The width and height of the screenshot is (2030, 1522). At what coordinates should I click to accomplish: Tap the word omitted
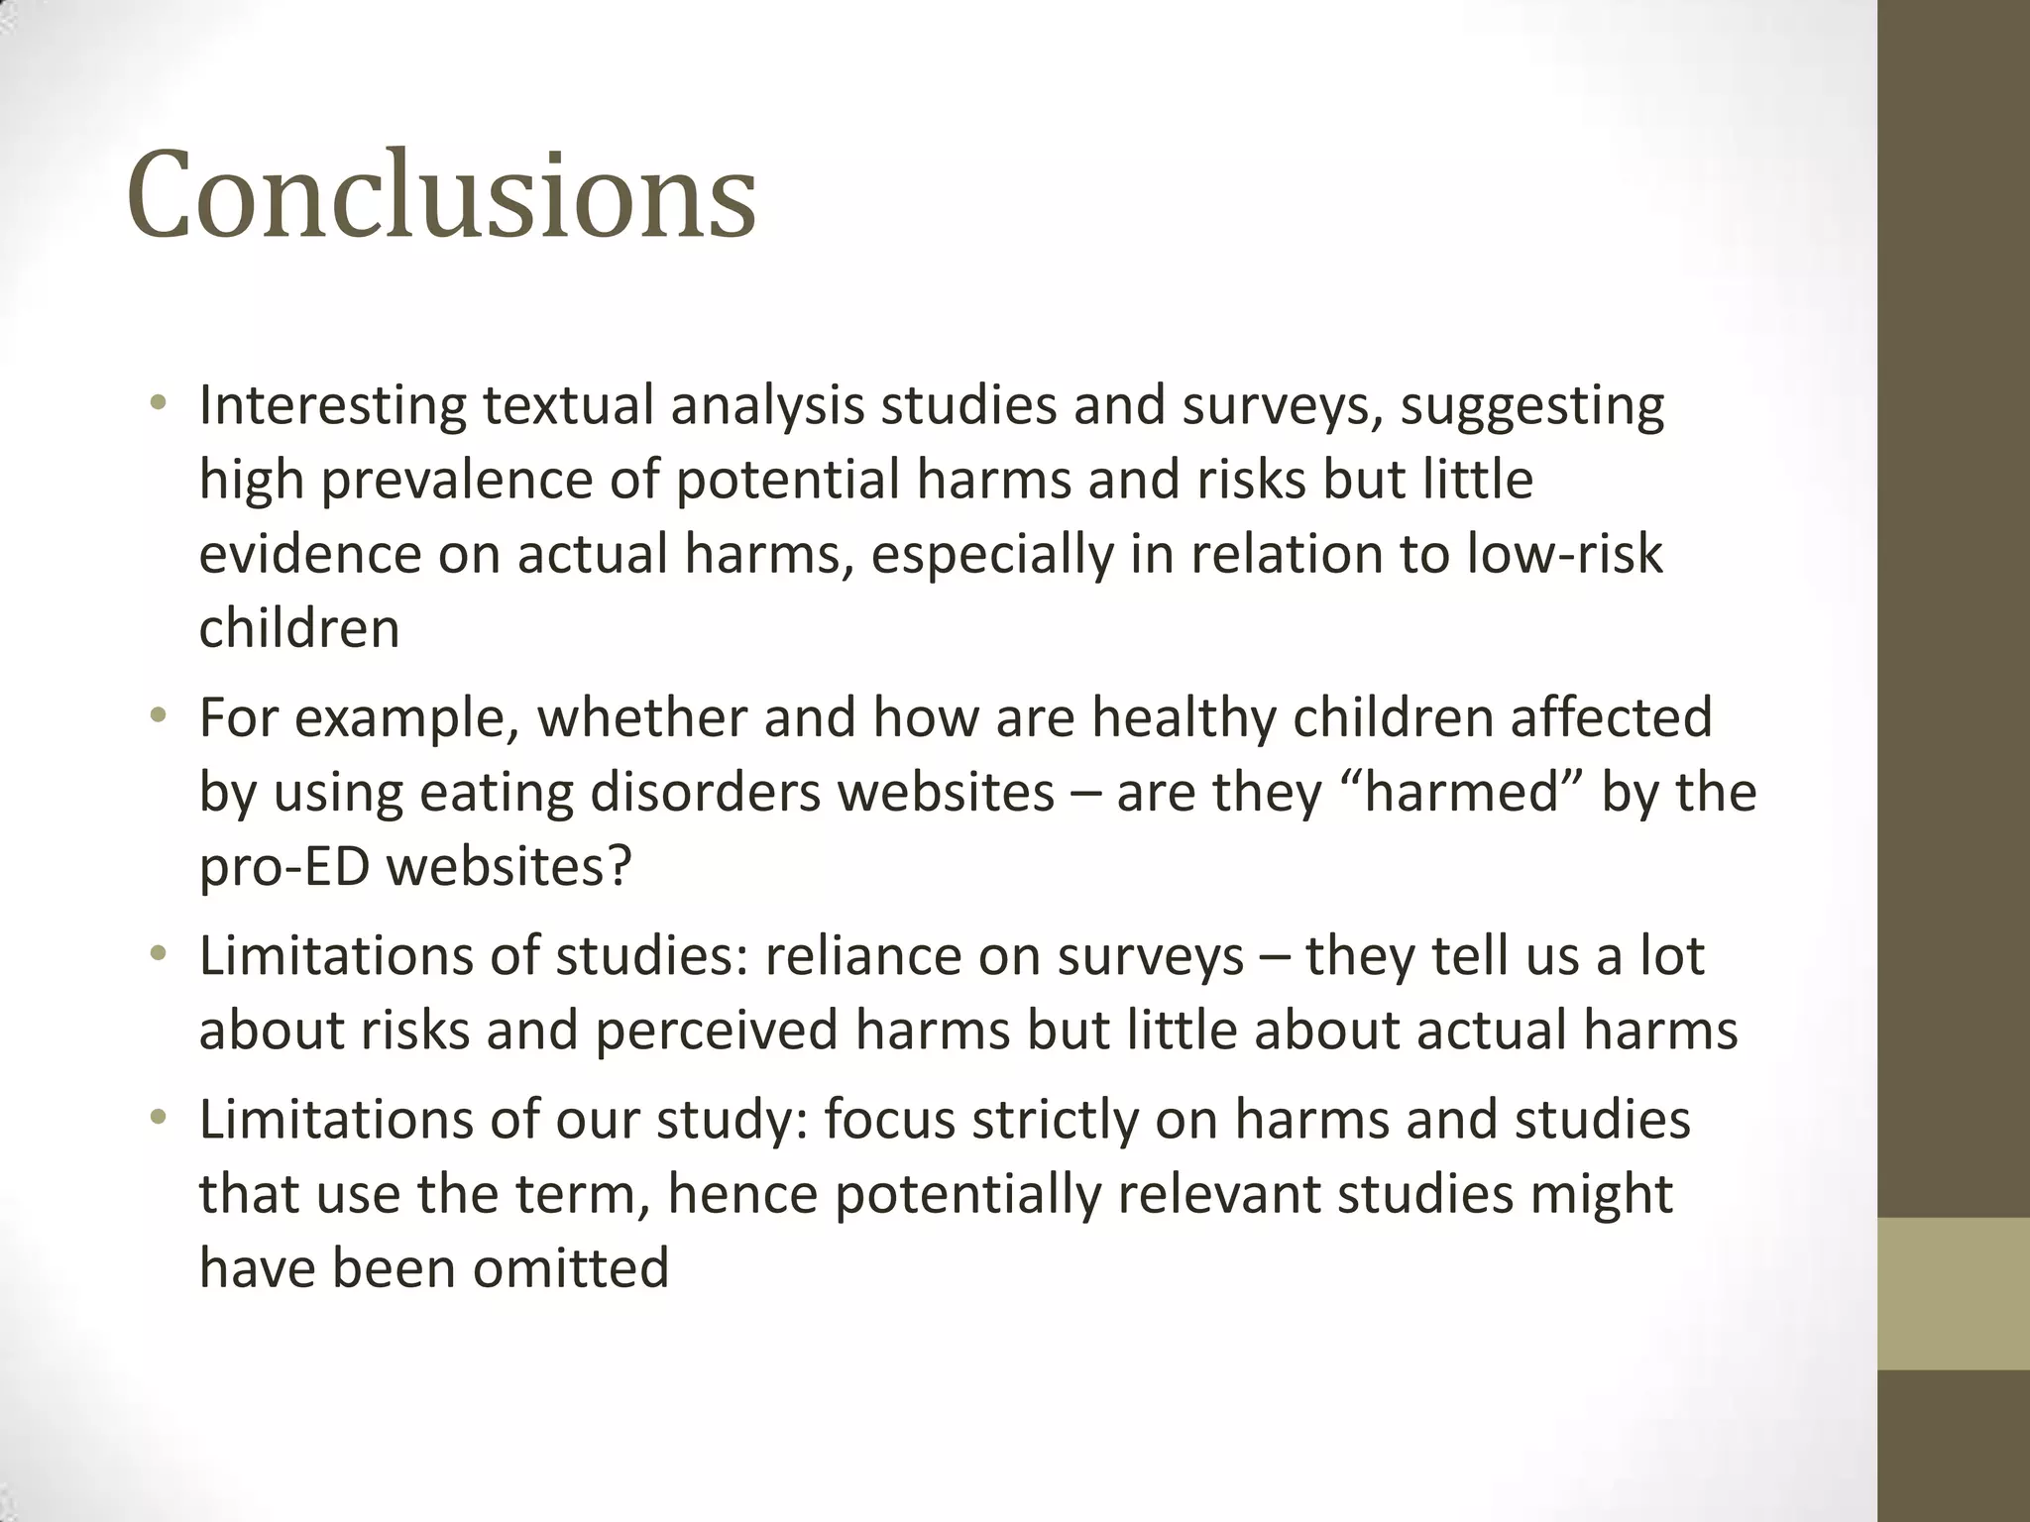click(x=570, y=1268)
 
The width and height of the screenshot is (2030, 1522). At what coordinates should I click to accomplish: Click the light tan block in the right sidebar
click(x=1954, y=1293)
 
